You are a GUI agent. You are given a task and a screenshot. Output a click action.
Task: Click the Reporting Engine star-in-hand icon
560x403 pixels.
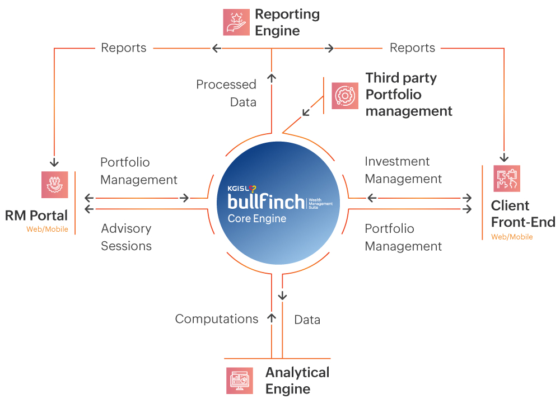coord(236,22)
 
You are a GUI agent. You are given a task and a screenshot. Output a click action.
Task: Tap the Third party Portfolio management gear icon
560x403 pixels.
coord(344,96)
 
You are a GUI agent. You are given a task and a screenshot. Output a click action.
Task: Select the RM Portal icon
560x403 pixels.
coord(55,185)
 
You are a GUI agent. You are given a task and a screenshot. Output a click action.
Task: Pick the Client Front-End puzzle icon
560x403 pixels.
coord(506,179)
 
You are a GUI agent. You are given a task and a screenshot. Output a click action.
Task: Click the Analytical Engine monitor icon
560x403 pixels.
coord(240,381)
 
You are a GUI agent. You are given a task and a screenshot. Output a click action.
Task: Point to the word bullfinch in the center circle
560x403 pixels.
coord(266,201)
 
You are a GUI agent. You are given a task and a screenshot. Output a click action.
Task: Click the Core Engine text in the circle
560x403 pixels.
coord(257,218)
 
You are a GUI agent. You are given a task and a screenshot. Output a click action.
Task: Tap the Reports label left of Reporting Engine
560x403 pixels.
coord(124,48)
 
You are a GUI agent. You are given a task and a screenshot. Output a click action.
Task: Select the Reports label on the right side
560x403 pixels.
coord(412,48)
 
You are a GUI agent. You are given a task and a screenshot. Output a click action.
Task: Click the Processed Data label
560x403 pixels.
coord(226,93)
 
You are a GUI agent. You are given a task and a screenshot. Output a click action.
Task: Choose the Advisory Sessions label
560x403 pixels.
coord(127,237)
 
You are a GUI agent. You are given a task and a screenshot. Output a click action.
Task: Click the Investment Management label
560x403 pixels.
coord(403,170)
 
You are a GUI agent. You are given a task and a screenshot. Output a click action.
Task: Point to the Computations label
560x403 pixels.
coord(216,318)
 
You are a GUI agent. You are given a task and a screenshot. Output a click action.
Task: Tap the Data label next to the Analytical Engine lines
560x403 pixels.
coord(307,320)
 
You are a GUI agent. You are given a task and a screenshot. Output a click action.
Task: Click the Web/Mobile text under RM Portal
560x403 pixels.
coord(47,229)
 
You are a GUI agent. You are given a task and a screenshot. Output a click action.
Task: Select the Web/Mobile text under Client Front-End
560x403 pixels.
coord(512,237)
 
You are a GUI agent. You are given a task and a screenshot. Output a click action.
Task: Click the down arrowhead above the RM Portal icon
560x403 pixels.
coord(54,163)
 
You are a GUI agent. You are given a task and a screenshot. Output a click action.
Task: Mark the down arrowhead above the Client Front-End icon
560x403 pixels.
coord(504,158)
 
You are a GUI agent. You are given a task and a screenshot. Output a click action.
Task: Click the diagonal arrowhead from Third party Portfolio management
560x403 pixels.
coord(306,112)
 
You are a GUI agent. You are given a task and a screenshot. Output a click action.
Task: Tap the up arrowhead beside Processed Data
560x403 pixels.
coord(272,78)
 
